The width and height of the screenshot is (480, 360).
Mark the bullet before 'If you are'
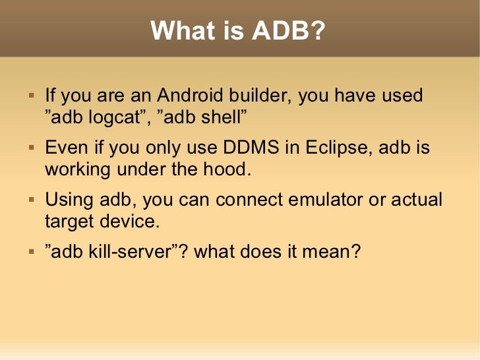(x=30, y=96)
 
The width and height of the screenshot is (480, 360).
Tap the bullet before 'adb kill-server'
(x=30, y=253)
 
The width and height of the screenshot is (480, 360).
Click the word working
(x=77, y=169)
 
